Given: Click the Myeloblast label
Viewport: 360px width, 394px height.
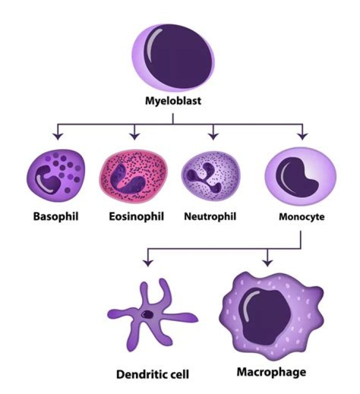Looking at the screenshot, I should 173,102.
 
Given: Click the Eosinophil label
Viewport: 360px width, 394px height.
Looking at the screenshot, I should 134,217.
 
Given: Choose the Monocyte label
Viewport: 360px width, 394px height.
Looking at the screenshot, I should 301,218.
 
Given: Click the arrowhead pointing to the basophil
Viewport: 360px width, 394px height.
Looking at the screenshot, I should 58,136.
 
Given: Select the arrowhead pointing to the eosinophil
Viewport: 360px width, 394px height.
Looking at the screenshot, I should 134,136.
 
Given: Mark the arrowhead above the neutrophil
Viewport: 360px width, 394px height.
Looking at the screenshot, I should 213,136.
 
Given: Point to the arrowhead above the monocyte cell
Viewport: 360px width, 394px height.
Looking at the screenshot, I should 301,136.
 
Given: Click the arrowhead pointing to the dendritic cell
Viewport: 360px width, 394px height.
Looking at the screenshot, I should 147,261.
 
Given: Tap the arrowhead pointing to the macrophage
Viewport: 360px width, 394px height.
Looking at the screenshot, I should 268,261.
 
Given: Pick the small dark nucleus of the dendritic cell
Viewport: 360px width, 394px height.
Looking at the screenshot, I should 148,314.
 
